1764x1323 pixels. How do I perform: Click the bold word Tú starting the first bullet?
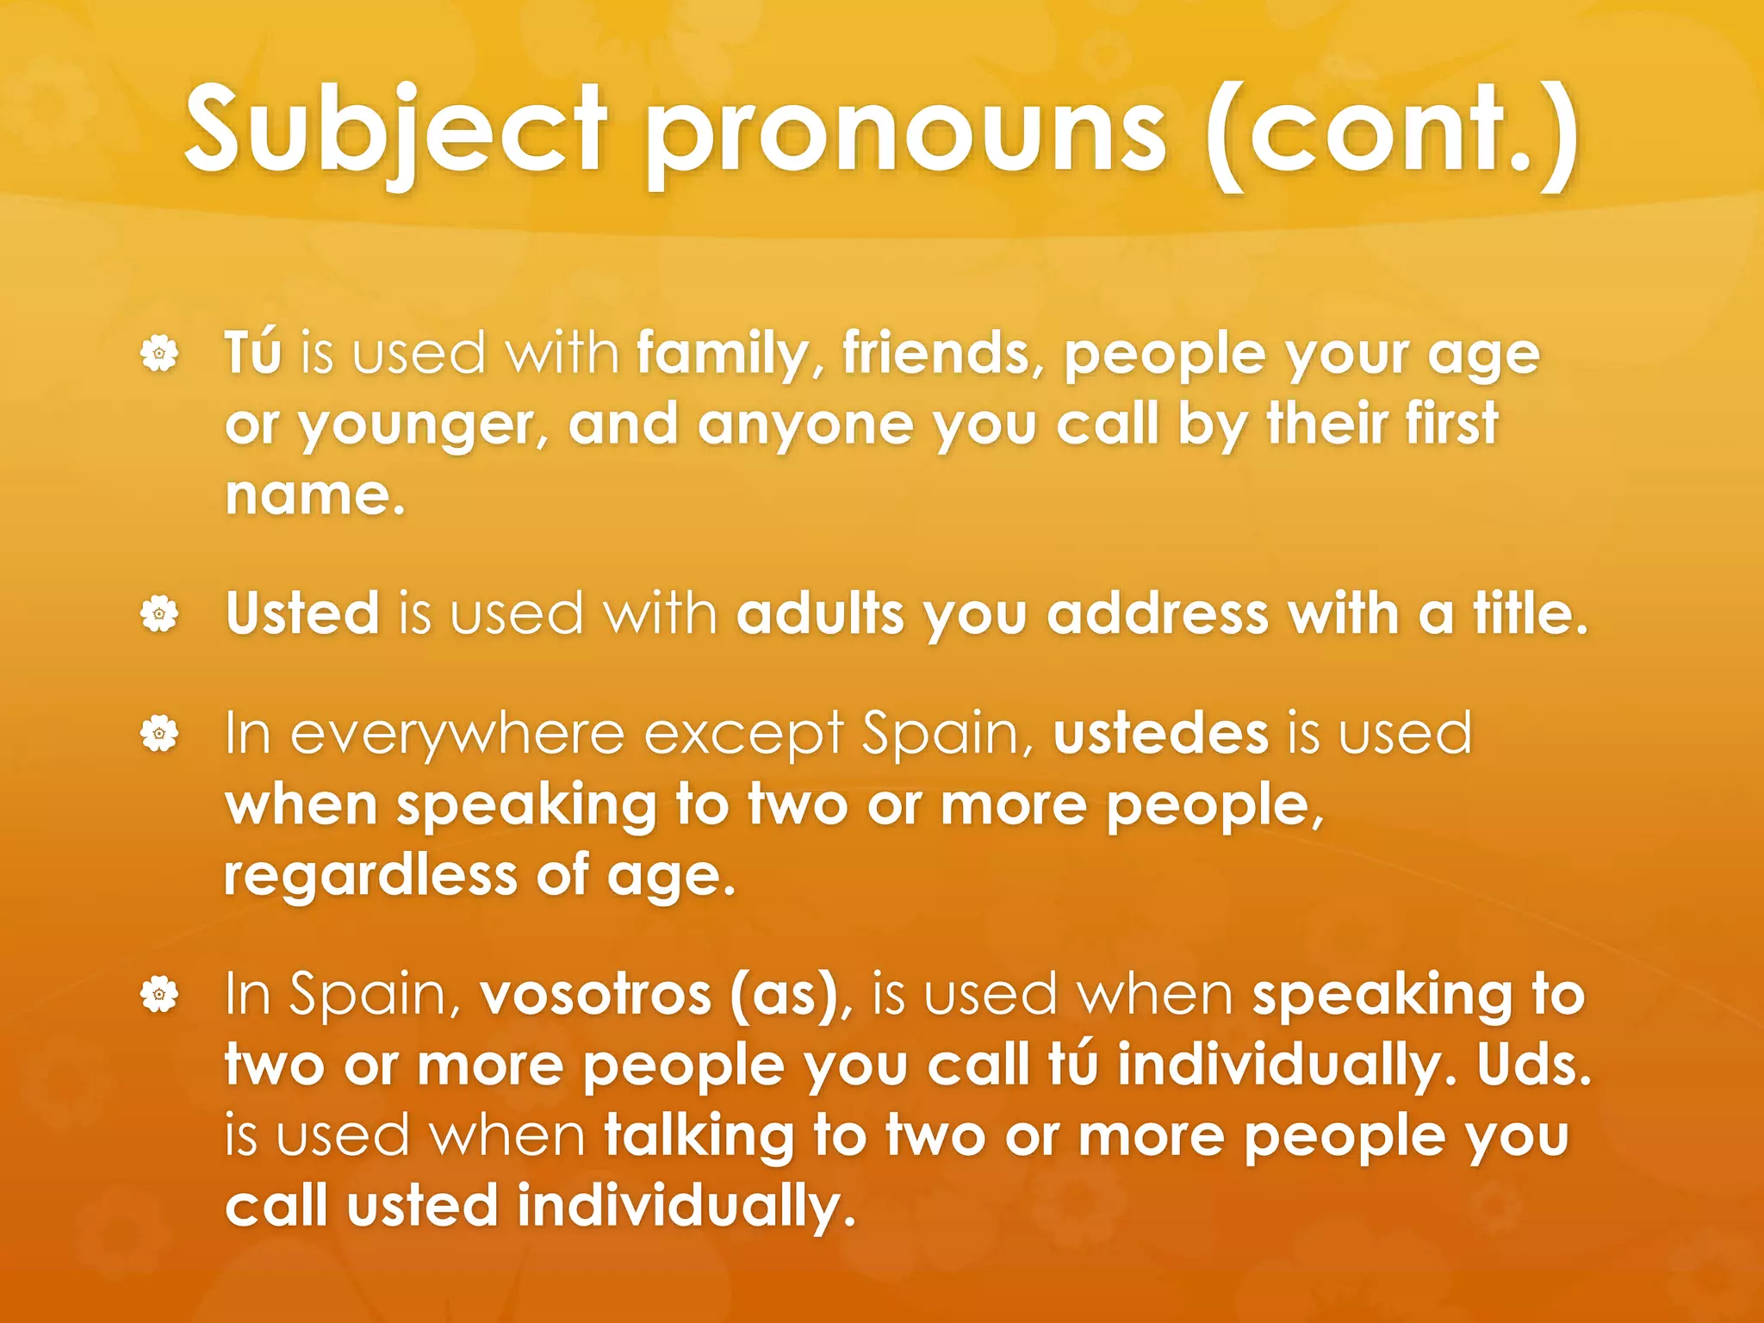pyautogui.click(x=253, y=352)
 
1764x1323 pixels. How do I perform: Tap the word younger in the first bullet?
pyautogui.click(x=423, y=425)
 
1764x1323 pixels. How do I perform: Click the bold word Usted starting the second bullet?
pyautogui.click(x=302, y=613)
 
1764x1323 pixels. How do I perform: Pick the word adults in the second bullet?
pyautogui.click(x=821, y=613)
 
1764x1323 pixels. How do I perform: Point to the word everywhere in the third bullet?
pyautogui.click(x=457, y=735)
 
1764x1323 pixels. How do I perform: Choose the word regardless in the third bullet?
pyautogui.click(x=370, y=876)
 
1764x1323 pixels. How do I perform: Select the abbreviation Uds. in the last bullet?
pyautogui.click(x=1534, y=1065)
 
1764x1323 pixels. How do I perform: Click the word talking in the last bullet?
pyautogui.click(x=699, y=1136)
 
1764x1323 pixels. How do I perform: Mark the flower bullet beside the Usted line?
pyautogui.click(x=159, y=614)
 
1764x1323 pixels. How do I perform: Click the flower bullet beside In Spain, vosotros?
pyautogui.click(x=159, y=995)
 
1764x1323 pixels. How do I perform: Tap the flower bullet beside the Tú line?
pyautogui.click(x=159, y=353)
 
